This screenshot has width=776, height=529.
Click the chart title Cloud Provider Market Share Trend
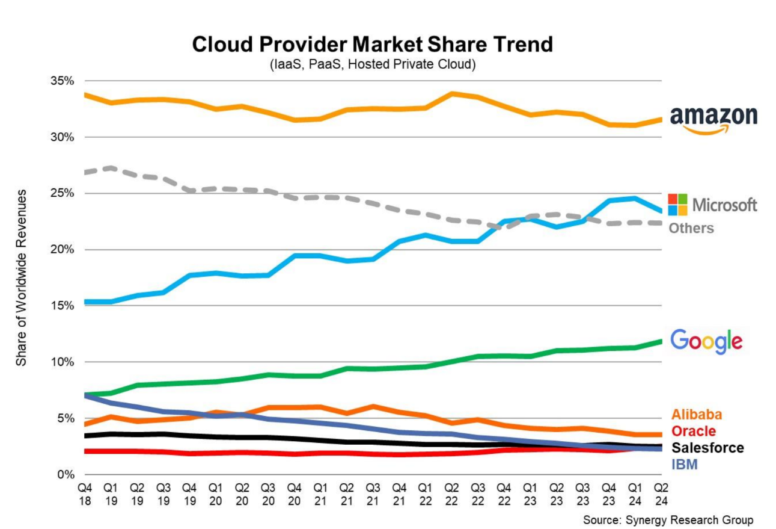click(x=372, y=45)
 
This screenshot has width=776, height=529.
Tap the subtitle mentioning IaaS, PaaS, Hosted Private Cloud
click(x=372, y=64)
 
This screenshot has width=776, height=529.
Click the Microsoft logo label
click(x=713, y=205)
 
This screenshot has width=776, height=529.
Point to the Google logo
click(x=706, y=341)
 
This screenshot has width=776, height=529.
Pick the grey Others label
click(x=691, y=228)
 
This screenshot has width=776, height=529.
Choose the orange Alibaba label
click(x=696, y=415)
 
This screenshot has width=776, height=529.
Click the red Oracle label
click(x=694, y=431)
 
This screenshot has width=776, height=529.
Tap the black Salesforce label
click(x=707, y=448)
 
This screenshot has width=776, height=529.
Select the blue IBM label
click(x=685, y=464)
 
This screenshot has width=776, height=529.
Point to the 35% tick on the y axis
click(x=61, y=81)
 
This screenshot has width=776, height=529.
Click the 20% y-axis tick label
click(x=61, y=250)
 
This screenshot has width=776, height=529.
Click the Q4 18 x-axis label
click(x=84, y=493)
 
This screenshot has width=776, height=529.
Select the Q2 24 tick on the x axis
click(x=661, y=493)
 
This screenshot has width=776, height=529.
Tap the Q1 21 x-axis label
click(x=320, y=493)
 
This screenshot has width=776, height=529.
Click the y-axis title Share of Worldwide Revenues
click(x=22, y=277)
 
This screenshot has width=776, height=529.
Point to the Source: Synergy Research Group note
click(x=667, y=519)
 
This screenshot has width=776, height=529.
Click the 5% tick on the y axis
click(x=64, y=418)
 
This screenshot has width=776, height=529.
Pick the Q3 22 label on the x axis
click(x=477, y=493)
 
